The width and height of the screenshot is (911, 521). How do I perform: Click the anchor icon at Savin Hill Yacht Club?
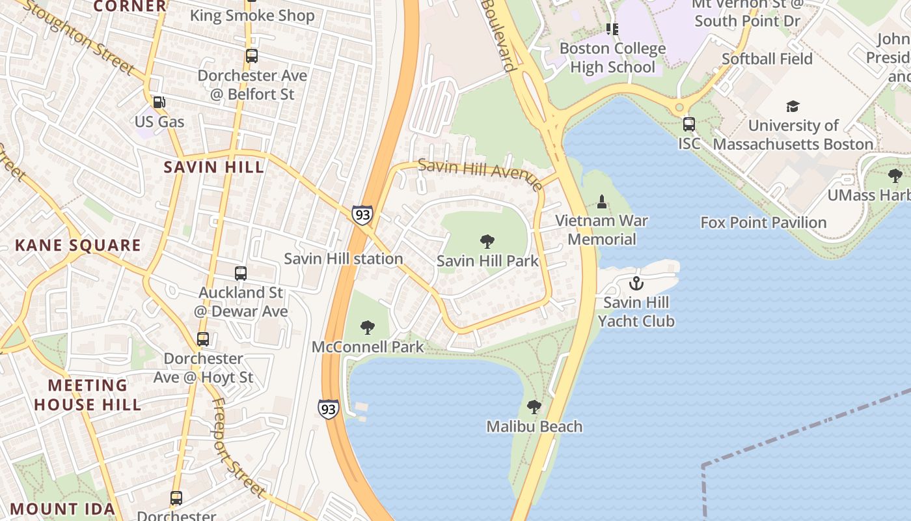(636, 283)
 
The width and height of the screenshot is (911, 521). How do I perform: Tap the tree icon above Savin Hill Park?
(487, 242)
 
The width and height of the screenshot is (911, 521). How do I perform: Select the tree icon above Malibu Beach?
(534, 407)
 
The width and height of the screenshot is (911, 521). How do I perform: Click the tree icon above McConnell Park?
(368, 327)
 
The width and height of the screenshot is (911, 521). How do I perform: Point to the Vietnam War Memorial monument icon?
(602, 201)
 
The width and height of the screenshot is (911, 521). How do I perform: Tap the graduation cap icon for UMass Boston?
(792, 106)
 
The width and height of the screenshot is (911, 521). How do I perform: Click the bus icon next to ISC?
(689, 124)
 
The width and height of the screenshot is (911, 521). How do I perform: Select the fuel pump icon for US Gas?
(159, 102)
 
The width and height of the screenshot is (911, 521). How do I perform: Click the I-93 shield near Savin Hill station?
(362, 214)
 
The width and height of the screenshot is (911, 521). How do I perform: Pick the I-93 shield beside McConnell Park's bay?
(329, 408)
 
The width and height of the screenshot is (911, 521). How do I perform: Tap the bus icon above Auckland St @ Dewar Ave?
(241, 274)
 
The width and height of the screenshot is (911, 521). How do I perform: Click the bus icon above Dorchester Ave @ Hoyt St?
(203, 339)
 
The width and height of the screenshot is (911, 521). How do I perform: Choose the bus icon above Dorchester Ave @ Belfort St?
(252, 56)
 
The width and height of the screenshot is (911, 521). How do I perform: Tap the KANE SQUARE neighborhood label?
(78, 246)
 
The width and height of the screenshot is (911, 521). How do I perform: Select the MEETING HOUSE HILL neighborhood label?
(87, 395)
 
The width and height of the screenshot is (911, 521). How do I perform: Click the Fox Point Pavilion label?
(763, 223)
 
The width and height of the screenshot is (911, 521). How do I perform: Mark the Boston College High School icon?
(612, 29)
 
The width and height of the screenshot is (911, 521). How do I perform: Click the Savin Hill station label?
(344, 259)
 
